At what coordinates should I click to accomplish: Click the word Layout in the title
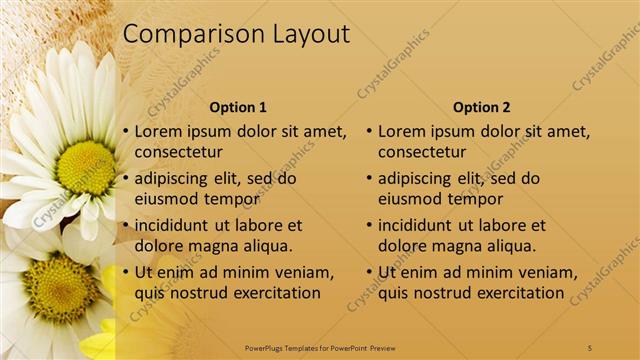tap(311, 35)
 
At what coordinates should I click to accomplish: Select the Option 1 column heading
tap(238, 107)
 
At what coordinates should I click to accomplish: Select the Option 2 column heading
tap(481, 107)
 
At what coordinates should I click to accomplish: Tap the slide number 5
tap(590, 347)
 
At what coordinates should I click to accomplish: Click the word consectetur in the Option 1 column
tap(178, 152)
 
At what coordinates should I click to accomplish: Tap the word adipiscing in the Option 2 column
tap(419, 178)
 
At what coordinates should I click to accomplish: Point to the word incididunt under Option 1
tap(176, 225)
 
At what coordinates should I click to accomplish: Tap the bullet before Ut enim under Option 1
tap(125, 273)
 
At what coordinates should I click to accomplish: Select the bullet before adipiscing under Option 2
tap(368, 179)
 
